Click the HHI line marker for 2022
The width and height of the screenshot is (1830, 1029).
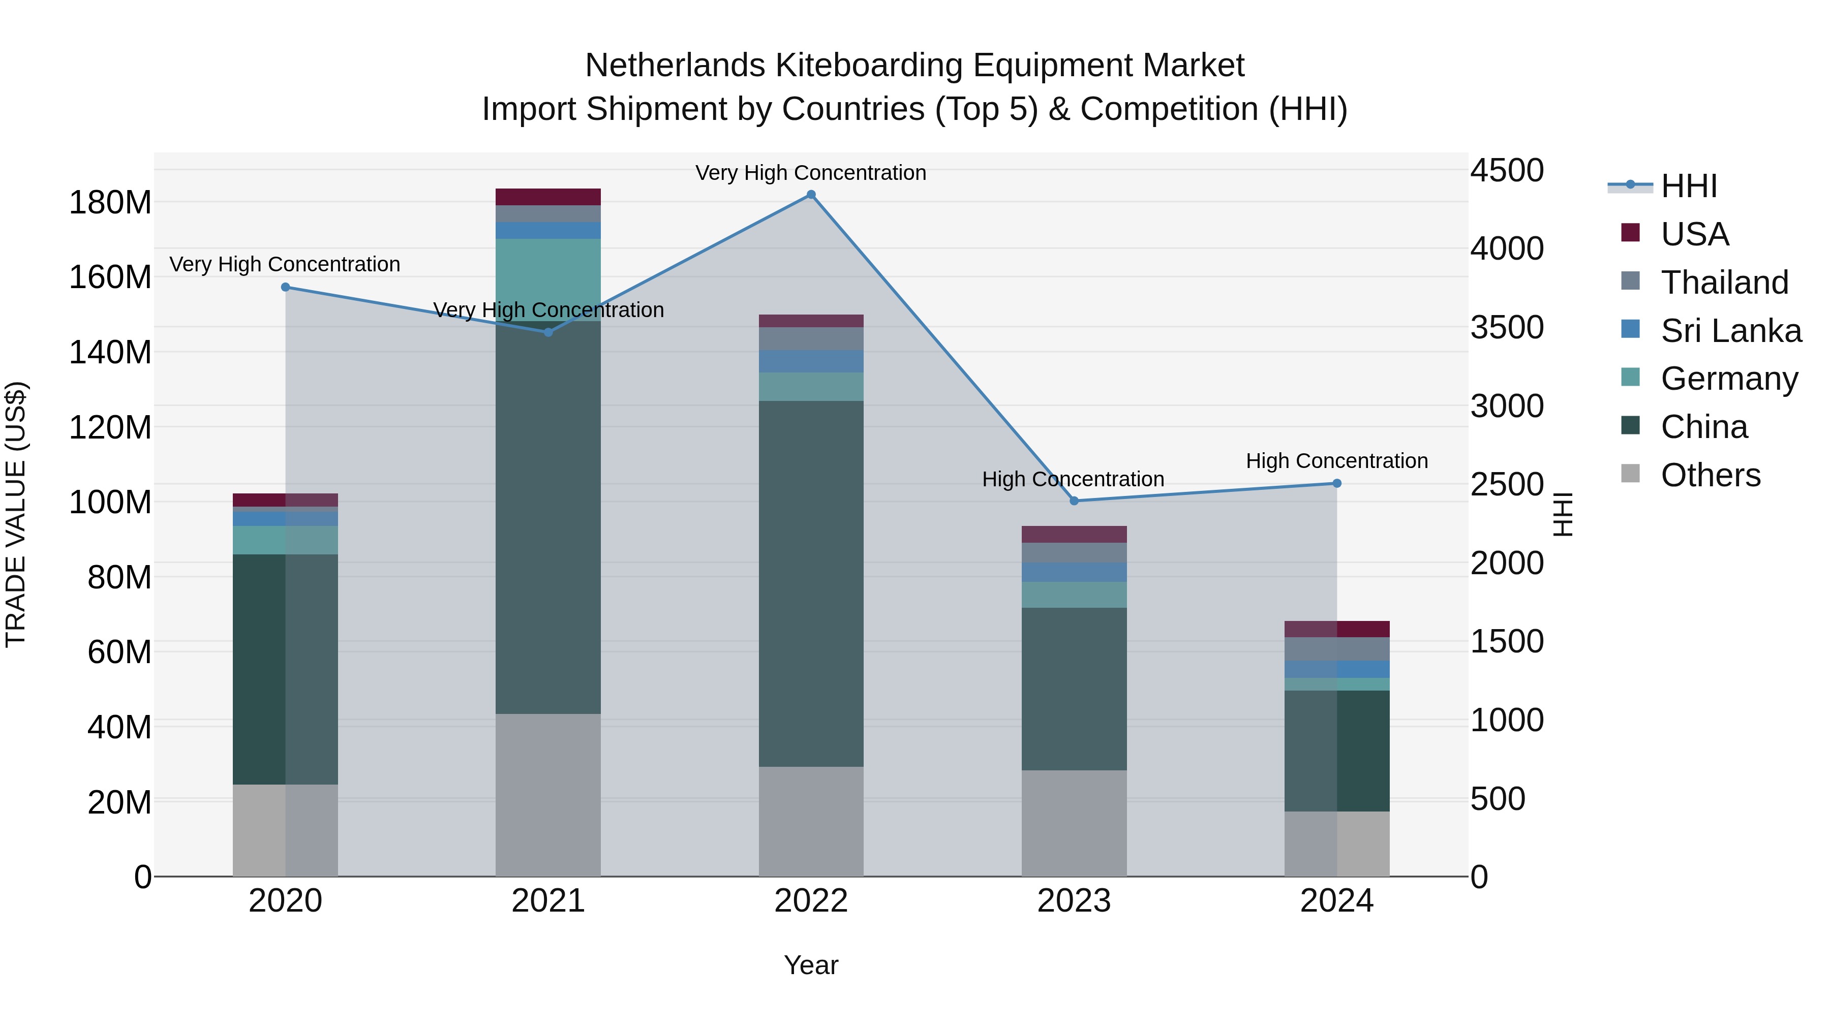tap(811, 195)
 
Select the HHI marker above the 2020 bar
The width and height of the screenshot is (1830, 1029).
tap(286, 287)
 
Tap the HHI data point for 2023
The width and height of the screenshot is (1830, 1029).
tap(1074, 501)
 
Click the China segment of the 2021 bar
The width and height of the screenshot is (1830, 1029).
tap(547, 518)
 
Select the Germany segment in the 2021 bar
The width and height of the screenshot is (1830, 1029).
tap(547, 280)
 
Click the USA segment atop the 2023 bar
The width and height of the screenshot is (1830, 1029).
tap(1074, 534)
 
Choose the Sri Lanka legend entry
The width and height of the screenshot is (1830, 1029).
tap(1730, 330)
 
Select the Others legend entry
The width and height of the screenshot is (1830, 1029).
tap(1710, 475)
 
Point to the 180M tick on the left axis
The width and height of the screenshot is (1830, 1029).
tap(110, 202)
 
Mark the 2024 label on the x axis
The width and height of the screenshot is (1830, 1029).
tap(1336, 900)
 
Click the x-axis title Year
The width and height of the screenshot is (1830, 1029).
tap(811, 965)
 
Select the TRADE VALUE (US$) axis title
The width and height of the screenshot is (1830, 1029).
tap(16, 514)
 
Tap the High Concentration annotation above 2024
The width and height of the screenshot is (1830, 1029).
tap(1336, 461)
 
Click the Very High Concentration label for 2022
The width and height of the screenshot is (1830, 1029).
tap(811, 173)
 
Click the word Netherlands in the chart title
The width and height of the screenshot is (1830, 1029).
tap(675, 66)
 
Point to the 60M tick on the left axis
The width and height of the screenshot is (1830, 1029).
tap(119, 652)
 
